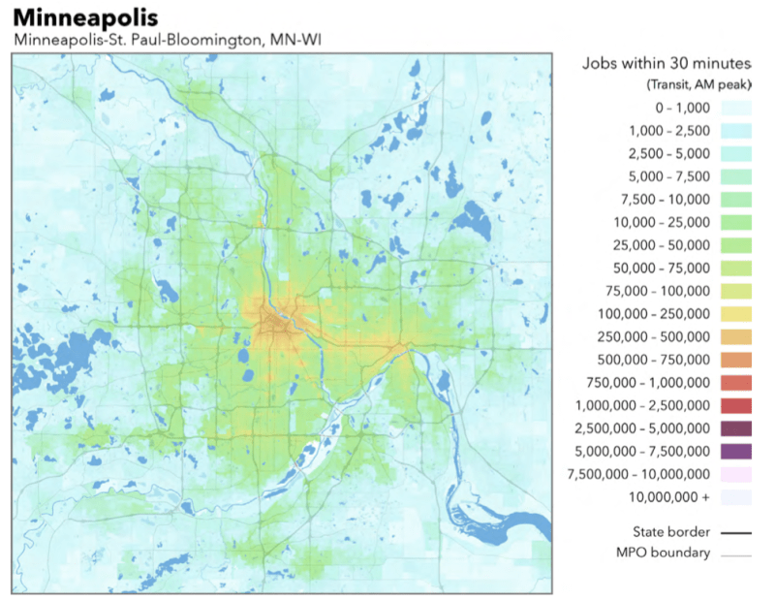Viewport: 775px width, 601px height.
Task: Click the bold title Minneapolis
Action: pos(85,17)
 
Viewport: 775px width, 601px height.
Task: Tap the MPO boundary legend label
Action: pos(663,554)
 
